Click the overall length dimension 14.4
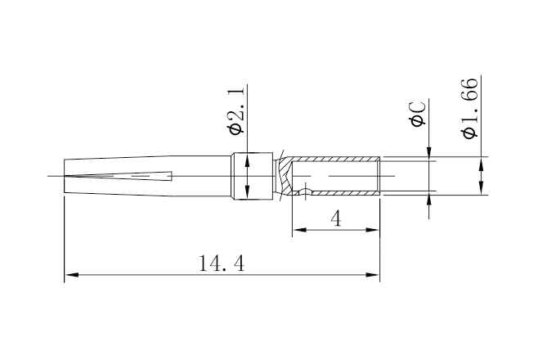pos(222,263)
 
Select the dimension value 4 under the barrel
pos(335,218)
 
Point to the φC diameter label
pos(417,115)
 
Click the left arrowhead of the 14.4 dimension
pos(69,275)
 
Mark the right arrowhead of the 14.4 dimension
pos(374,275)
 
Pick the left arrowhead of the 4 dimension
pos(298,230)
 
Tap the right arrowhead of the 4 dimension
pos(374,230)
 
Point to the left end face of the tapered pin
pos(64,176)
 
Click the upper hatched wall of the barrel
pos(335,159)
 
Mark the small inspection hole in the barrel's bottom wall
pos(306,194)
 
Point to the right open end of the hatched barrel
pos(379,176)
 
